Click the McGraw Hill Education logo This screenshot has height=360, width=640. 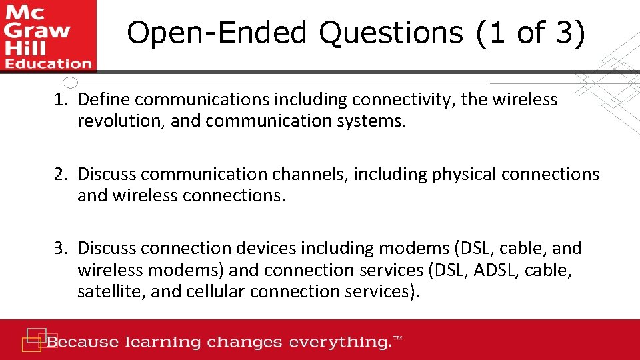pos(48,35)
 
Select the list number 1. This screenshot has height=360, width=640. pos(61,100)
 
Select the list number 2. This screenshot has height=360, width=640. pos(61,174)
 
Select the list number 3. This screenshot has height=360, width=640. pos(61,248)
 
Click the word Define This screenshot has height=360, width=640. pos(103,100)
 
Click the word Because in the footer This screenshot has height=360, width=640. pos(83,343)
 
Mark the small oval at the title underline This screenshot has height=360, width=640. pos(70,83)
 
